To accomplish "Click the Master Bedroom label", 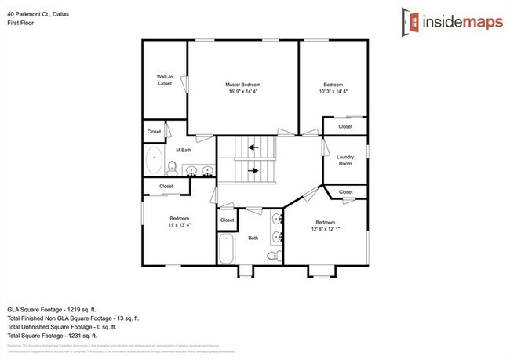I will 242,85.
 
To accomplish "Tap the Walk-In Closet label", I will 165,79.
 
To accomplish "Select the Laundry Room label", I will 346,160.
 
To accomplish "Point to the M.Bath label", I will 184,150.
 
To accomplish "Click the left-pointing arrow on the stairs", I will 253,146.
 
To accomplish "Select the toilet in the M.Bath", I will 172,165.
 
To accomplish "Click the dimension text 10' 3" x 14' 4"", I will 333,93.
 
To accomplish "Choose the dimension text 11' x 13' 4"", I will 180,224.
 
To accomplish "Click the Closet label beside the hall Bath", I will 227,220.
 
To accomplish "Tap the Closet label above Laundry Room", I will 345,126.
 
